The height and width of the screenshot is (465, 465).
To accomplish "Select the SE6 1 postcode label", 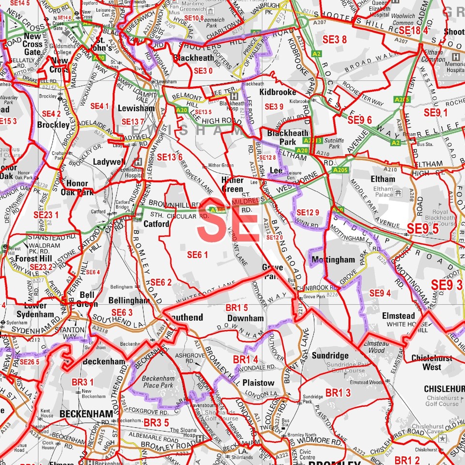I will tap(197, 254).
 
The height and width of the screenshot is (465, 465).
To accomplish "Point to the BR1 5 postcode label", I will tap(237, 308).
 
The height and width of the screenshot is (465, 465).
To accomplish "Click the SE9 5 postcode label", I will tap(422, 229).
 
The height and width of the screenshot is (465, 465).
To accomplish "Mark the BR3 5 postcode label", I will tap(156, 423).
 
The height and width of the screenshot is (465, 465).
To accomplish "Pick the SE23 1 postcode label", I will tap(46, 215).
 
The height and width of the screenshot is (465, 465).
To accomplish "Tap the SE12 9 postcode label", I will tap(308, 212).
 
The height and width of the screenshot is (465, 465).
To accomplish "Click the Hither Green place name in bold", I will tap(232, 185).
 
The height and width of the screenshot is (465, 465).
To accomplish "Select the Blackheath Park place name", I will tap(288, 138).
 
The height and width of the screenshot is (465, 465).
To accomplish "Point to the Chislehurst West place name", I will tap(432, 362).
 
